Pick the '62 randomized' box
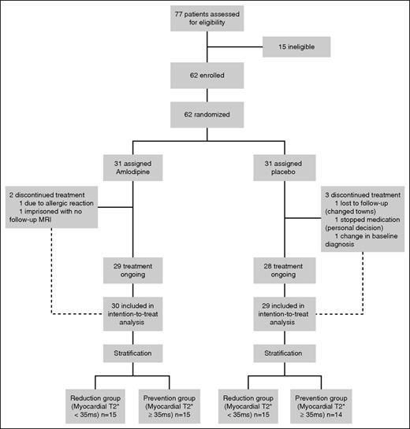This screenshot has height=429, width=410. point(205,116)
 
